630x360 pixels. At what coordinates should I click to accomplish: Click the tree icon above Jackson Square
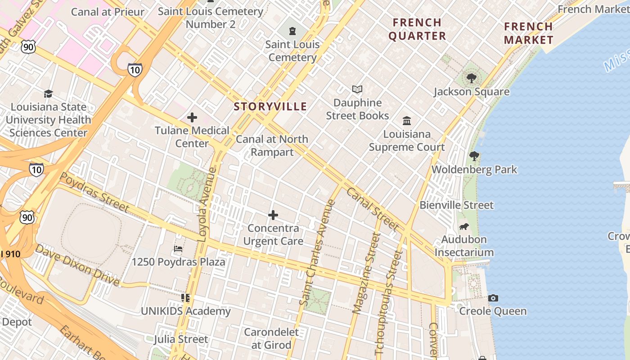[471, 79]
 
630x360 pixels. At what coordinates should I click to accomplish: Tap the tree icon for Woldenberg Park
[474, 157]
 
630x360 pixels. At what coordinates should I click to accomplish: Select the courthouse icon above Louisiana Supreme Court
[407, 121]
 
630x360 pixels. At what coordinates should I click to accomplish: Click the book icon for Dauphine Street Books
[357, 90]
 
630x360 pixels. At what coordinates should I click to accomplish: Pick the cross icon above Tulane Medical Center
[192, 118]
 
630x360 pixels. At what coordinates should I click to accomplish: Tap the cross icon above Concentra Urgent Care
[273, 216]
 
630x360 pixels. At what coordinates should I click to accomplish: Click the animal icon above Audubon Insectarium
[463, 226]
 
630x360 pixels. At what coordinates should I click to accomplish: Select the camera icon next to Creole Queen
[493, 298]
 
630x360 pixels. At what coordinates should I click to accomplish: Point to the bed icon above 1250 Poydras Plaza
[178, 249]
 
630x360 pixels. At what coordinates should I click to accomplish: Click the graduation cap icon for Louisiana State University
[48, 94]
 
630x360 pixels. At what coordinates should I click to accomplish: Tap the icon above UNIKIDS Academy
[185, 298]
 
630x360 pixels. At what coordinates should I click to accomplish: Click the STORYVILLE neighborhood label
[270, 107]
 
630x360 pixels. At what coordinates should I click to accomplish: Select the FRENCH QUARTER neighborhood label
[417, 29]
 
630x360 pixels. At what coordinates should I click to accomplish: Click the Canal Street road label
[372, 209]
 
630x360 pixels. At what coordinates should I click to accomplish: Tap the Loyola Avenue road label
[207, 205]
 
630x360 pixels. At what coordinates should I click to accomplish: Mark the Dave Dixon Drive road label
[77, 265]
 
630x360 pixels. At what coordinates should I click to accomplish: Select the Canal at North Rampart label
[272, 145]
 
